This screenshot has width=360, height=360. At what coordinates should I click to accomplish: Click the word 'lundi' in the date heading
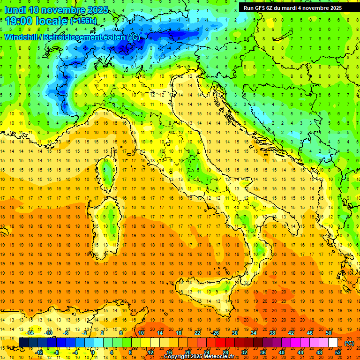pyautogui.click(x=15, y=10)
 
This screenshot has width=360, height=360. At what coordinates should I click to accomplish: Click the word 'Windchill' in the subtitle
pyautogui.click(x=22, y=37)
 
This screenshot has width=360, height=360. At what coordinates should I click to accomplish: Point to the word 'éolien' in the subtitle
pyautogui.click(x=112, y=37)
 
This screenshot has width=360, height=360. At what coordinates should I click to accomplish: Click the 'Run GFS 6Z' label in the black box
pyautogui.click(x=259, y=8)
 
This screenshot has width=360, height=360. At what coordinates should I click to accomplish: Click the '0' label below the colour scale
pyautogui.click(x=92, y=352)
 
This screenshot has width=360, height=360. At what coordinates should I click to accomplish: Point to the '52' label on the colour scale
pyautogui.click(x=337, y=352)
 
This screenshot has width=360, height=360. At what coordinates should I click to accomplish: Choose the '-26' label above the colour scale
pyautogui.click(x=215, y=333)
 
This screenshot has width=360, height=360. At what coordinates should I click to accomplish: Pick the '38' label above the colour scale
pyautogui.click(x=272, y=333)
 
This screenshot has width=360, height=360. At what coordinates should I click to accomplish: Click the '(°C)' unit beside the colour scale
pyautogui.click(x=349, y=343)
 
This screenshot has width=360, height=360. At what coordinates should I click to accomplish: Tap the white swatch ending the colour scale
pyautogui.click(x=333, y=343)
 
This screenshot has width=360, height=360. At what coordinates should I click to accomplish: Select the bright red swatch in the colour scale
pyautogui.click(x=220, y=343)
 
